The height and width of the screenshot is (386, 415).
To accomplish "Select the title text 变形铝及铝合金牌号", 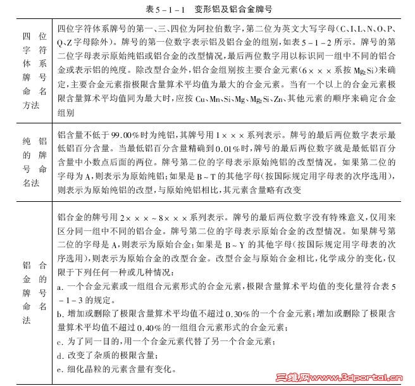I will click(225, 9).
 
